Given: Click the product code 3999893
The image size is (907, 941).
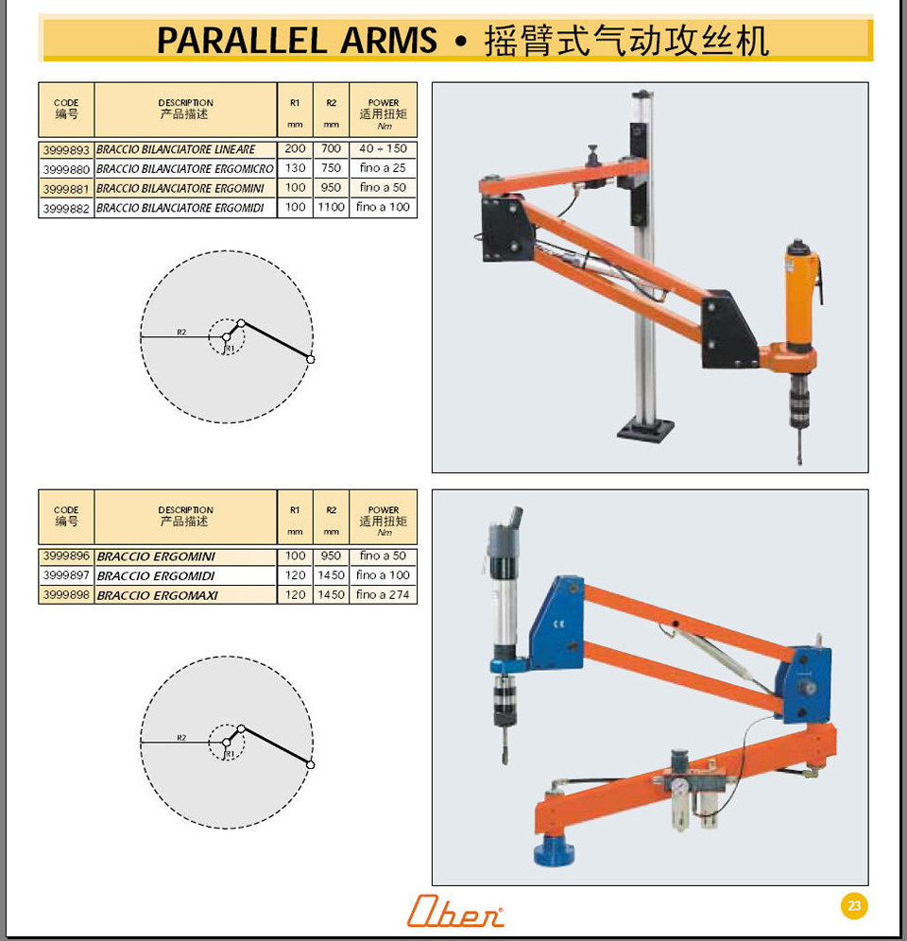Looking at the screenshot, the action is pyautogui.click(x=66, y=149).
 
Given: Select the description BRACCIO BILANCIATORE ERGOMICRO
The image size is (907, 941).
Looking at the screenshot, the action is pyautogui.click(x=185, y=168).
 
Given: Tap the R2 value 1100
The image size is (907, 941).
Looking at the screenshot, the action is pyautogui.click(x=332, y=207).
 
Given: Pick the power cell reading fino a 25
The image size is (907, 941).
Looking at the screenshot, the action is pyautogui.click(x=383, y=168).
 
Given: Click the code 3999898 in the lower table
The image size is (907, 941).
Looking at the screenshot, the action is pyautogui.click(x=66, y=594).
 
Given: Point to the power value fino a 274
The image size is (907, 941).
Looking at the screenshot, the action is pyautogui.click(x=383, y=594).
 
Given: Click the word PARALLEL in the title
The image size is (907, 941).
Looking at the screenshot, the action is pyautogui.click(x=243, y=41).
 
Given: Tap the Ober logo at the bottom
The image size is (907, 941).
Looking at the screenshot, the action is pyautogui.click(x=455, y=911).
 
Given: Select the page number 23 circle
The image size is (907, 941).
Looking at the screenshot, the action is pyautogui.click(x=854, y=906).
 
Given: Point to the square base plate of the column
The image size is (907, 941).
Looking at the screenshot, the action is pyautogui.click(x=646, y=430).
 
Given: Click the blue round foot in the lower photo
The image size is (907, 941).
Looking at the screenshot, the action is pyautogui.click(x=554, y=849).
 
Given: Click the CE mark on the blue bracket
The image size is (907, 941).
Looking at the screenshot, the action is pyautogui.click(x=559, y=624).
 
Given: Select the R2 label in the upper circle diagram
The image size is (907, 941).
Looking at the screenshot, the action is pyautogui.click(x=181, y=332).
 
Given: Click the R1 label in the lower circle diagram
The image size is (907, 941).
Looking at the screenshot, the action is pyautogui.click(x=231, y=754).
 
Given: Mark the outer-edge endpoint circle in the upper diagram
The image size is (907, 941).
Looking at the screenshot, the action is pyautogui.click(x=310, y=359).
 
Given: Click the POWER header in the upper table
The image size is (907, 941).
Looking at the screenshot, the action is pyautogui.click(x=384, y=103).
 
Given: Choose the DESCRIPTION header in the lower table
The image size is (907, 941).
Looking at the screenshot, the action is pyautogui.click(x=185, y=509).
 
